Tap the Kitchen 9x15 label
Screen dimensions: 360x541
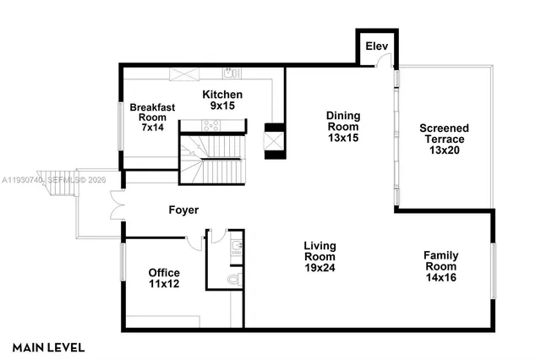click(x=222, y=101)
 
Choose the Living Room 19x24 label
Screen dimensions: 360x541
click(x=320, y=257)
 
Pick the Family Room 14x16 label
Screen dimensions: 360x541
click(x=441, y=265)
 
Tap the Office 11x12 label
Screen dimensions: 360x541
click(x=164, y=279)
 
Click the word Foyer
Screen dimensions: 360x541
click(x=183, y=209)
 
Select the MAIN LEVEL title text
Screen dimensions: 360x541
click(x=48, y=346)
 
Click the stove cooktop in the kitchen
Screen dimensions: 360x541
click(x=210, y=125)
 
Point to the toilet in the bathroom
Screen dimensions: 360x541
click(x=234, y=278)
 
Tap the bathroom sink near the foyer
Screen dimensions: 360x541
click(x=237, y=247)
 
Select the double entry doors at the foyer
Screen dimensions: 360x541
click(x=117, y=207)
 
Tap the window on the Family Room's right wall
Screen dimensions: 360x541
click(x=494, y=270)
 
